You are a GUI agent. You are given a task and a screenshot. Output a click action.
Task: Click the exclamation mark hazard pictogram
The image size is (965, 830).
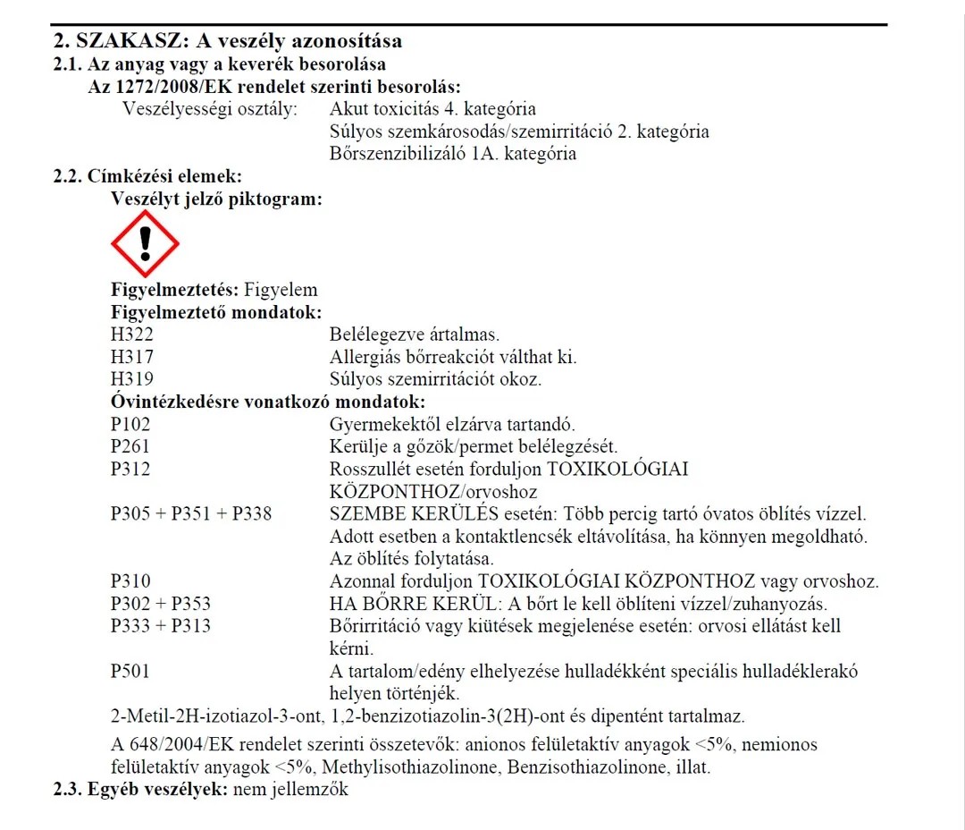(x=145, y=243)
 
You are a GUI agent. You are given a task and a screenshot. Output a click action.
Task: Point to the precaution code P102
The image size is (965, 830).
(x=131, y=424)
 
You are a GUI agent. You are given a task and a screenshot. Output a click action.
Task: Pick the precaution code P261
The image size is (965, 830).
(x=131, y=446)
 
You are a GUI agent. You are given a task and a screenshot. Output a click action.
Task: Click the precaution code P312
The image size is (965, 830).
(x=131, y=469)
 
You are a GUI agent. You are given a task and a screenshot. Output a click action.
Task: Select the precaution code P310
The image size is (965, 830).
(x=131, y=581)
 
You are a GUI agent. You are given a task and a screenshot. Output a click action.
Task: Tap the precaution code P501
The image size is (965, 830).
(x=131, y=671)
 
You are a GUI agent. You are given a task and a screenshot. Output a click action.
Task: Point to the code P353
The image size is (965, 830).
(x=191, y=604)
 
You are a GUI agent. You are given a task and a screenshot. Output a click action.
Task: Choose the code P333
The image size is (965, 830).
(x=131, y=626)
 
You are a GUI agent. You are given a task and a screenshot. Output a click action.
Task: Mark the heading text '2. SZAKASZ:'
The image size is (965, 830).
(x=117, y=41)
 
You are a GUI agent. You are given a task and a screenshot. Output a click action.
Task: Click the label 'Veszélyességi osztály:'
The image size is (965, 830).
(x=210, y=109)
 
